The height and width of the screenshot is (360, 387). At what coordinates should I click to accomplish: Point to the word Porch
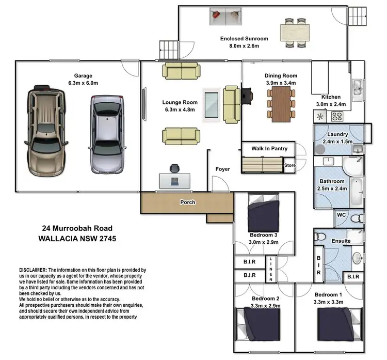pos(187,202)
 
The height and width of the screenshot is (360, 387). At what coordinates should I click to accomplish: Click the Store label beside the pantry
pos(290,165)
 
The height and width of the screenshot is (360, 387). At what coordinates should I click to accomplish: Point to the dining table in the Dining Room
pos(281,100)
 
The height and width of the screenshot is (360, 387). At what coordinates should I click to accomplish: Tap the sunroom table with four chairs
pos(296,32)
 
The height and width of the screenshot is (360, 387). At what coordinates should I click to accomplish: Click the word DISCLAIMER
pos(33,270)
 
